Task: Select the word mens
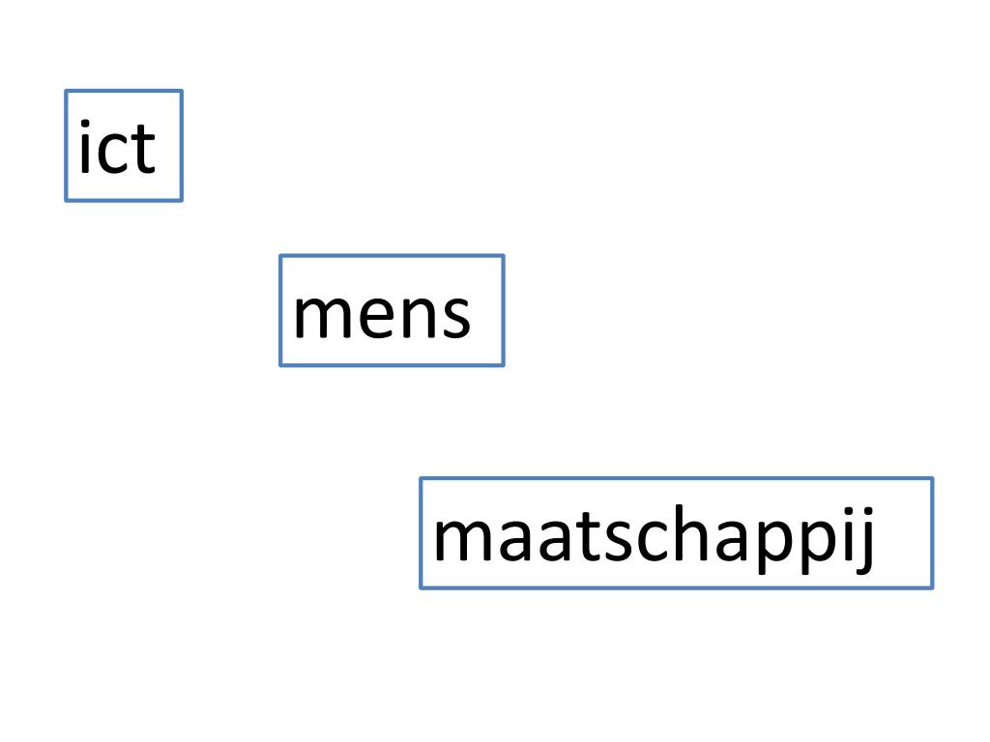[x=382, y=313]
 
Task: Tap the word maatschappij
[x=655, y=537]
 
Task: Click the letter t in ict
[x=142, y=150]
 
